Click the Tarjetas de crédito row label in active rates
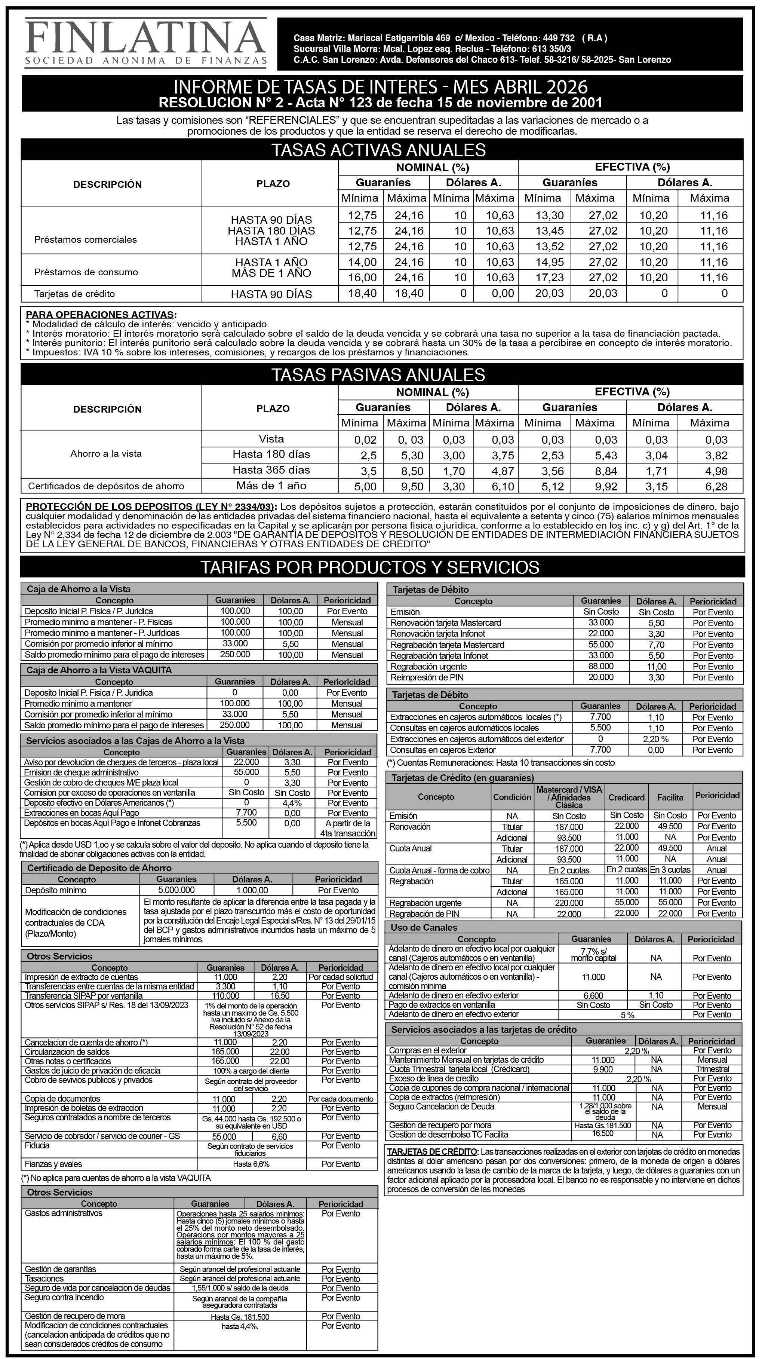(74, 294)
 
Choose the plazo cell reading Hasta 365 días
(271, 470)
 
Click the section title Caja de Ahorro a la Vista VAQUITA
(99, 670)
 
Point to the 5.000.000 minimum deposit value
(176, 890)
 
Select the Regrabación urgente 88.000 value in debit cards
(600, 666)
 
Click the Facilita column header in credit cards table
(670, 797)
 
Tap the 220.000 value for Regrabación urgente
(569, 903)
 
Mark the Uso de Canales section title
(424, 927)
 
